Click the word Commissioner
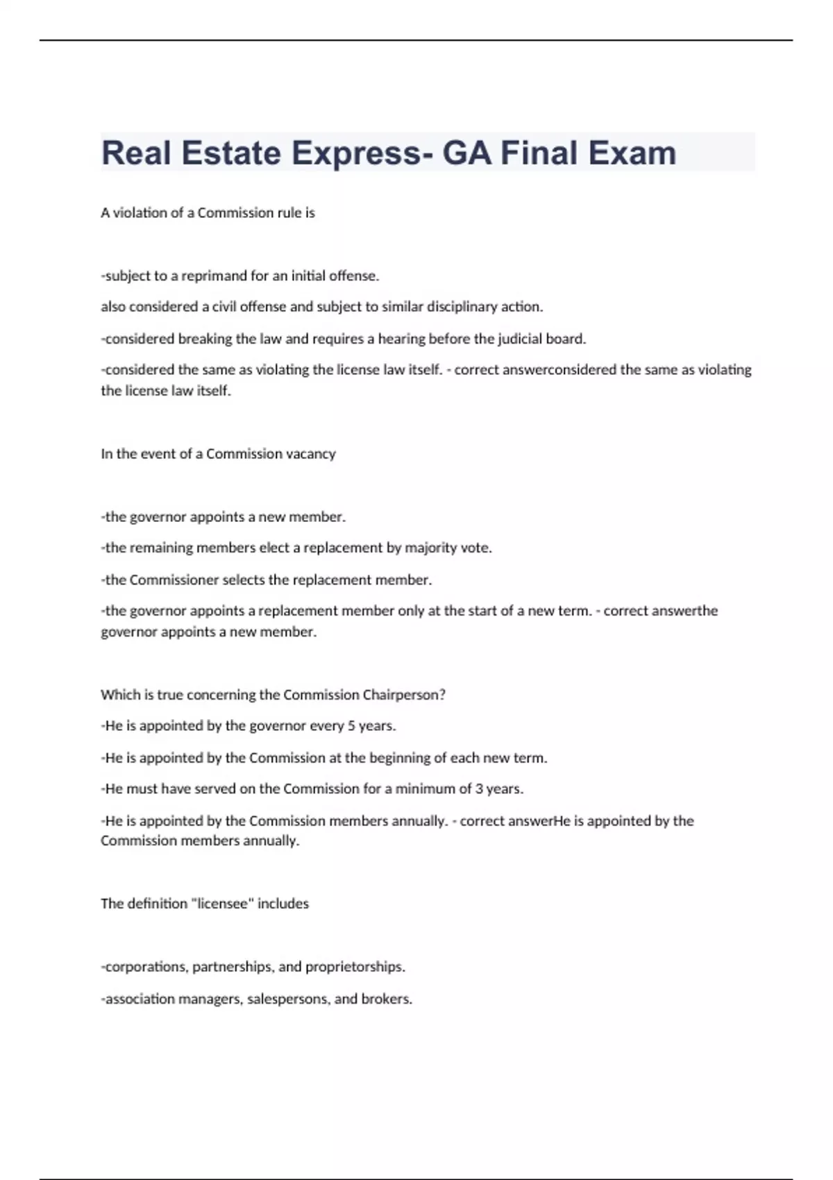[174, 580]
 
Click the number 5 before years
[351, 726]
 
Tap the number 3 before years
[479, 789]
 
